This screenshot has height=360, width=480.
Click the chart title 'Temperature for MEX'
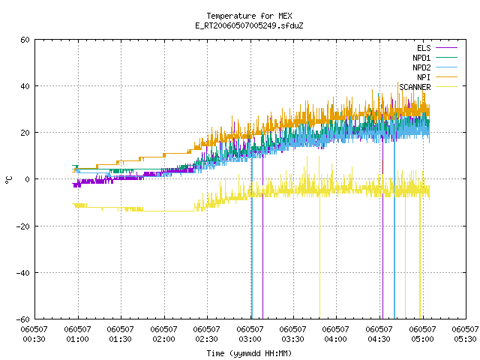pos(249,16)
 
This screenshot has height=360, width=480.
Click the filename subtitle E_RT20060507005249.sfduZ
pos(249,25)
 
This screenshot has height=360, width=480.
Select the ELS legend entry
pos(424,48)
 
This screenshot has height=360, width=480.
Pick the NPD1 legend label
pos(421,58)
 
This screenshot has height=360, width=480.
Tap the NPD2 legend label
pos(421,67)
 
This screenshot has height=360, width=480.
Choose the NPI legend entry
pos(424,77)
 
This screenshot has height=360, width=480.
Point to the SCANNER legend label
pos(415,87)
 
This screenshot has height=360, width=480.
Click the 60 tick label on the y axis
pos(25,40)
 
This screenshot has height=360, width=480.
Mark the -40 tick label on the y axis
pos(23,273)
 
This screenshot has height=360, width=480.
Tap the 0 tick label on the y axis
pos(28,179)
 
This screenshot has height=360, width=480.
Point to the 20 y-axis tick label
pos(25,133)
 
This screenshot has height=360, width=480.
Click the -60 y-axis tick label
pos(23,319)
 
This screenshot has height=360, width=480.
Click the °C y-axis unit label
pos(8,180)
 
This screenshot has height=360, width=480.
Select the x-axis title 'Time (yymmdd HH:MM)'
pos(249,353)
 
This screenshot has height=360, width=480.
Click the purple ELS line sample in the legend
pos(447,48)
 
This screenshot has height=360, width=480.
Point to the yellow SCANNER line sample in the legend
pos(447,87)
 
